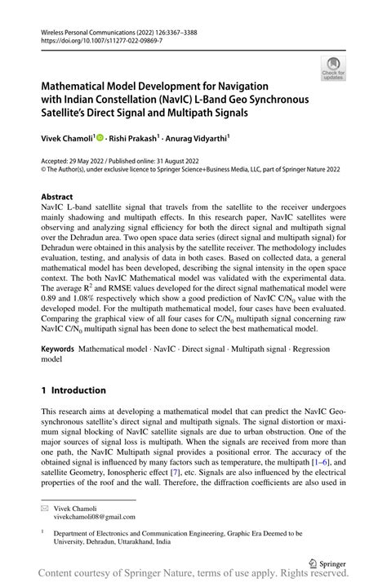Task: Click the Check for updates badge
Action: [x=334, y=69]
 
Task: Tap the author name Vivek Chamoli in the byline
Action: [x=68, y=138]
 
